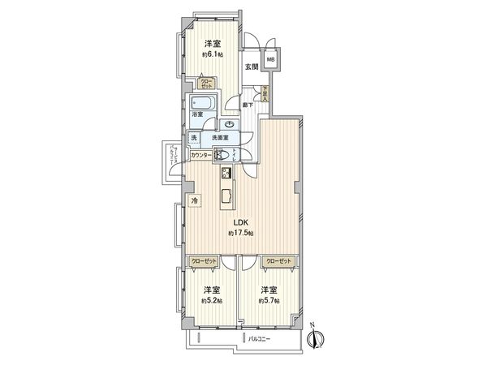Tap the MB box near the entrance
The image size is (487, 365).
click(x=269, y=60)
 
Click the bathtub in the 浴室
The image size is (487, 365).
click(x=200, y=104)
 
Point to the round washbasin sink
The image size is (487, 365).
click(x=231, y=125)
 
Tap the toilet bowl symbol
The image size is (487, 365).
click(x=221, y=154)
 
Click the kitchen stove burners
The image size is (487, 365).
click(x=226, y=173)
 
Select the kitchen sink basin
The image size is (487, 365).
click(x=226, y=196)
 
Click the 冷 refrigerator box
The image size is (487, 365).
click(x=194, y=200)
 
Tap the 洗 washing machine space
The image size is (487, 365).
click(x=194, y=138)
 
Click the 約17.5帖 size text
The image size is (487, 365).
click(x=241, y=233)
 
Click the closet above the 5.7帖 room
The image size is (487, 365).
click(x=278, y=261)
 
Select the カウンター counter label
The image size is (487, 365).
click(x=202, y=155)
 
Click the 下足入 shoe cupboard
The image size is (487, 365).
click(x=265, y=94)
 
